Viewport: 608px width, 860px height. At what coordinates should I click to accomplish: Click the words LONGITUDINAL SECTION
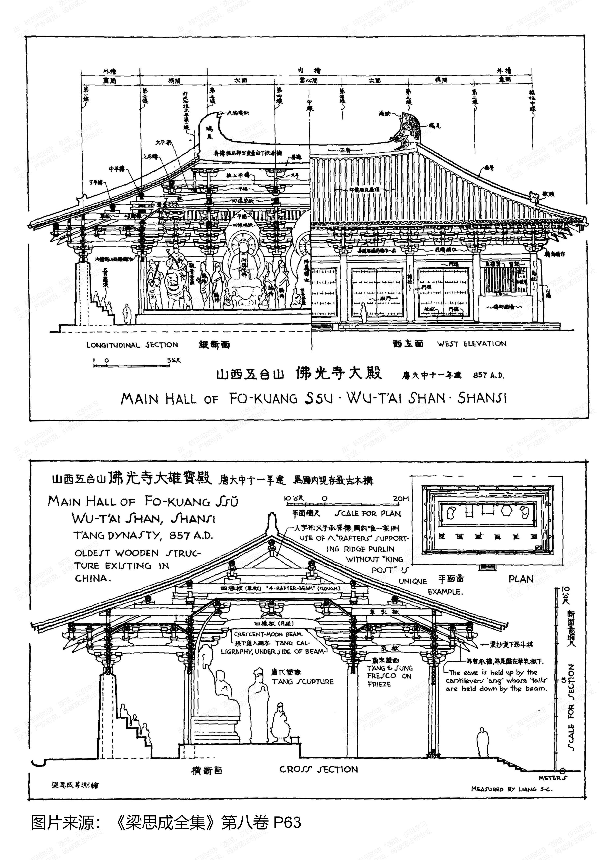(132, 345)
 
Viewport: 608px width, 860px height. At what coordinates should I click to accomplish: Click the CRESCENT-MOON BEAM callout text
(268, 634)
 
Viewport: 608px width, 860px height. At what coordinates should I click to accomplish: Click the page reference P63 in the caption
(287, 823)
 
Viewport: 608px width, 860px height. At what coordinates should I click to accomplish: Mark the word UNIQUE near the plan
(412, 581)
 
